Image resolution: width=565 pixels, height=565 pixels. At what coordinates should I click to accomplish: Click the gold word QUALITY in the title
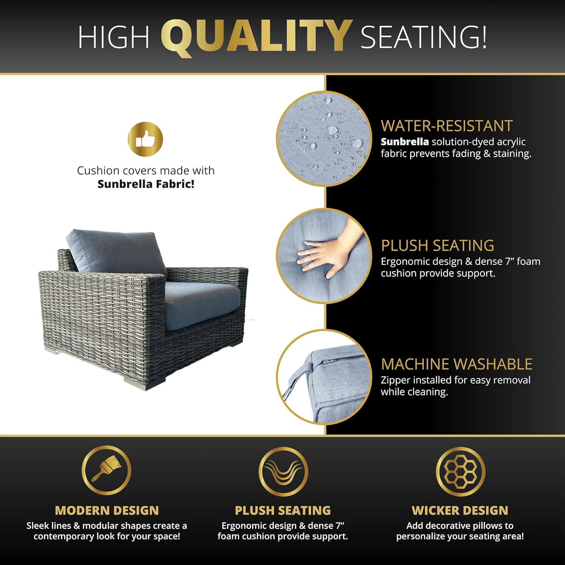pyautogui.click(x=256, y=36)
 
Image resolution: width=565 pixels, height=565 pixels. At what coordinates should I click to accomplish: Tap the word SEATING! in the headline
pyautogui.click(x=423, y=37)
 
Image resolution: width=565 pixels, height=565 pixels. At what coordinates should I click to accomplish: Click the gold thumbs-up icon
pyautogui.click(x=145, y=139)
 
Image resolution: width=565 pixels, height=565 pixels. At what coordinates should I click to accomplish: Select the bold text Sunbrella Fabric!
pyautogui.click(x=146, y=184)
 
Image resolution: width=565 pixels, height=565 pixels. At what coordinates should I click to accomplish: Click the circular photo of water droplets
pyautogui.click(x=324, y=139)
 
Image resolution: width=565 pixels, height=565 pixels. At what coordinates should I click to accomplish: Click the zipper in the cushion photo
pyautogui.click(x=328, y=362)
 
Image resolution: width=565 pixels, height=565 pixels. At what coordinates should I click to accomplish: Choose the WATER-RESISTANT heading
pyautogui.click(x=446, y=126)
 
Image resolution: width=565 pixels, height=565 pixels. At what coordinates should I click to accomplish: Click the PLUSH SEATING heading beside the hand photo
pyautogui.click(x=437, y=246)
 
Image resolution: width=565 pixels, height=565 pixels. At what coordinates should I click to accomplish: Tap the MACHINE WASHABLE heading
pyautogui.click(x=457, y=364)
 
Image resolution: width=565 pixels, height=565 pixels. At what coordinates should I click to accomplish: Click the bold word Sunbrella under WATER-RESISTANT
pyautogui.click(x=405, y=142)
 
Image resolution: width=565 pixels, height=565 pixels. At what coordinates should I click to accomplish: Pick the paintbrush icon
pyautogui.click(x=107, y=470)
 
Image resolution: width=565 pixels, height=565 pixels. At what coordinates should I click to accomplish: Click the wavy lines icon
pyautogui.click(x=283, y=471)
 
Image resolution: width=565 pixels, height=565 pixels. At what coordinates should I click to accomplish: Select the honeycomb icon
pyautogui.click(x=460, y=471)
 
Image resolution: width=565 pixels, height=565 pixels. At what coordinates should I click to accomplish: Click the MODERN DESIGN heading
pyautogui.click(x=107, y=510)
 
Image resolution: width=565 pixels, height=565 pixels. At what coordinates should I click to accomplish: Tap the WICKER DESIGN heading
pyautogui.click(x=460, y=510)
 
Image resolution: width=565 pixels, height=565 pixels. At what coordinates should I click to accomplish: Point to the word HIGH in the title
pyautogui.click(x=113, y=37)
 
